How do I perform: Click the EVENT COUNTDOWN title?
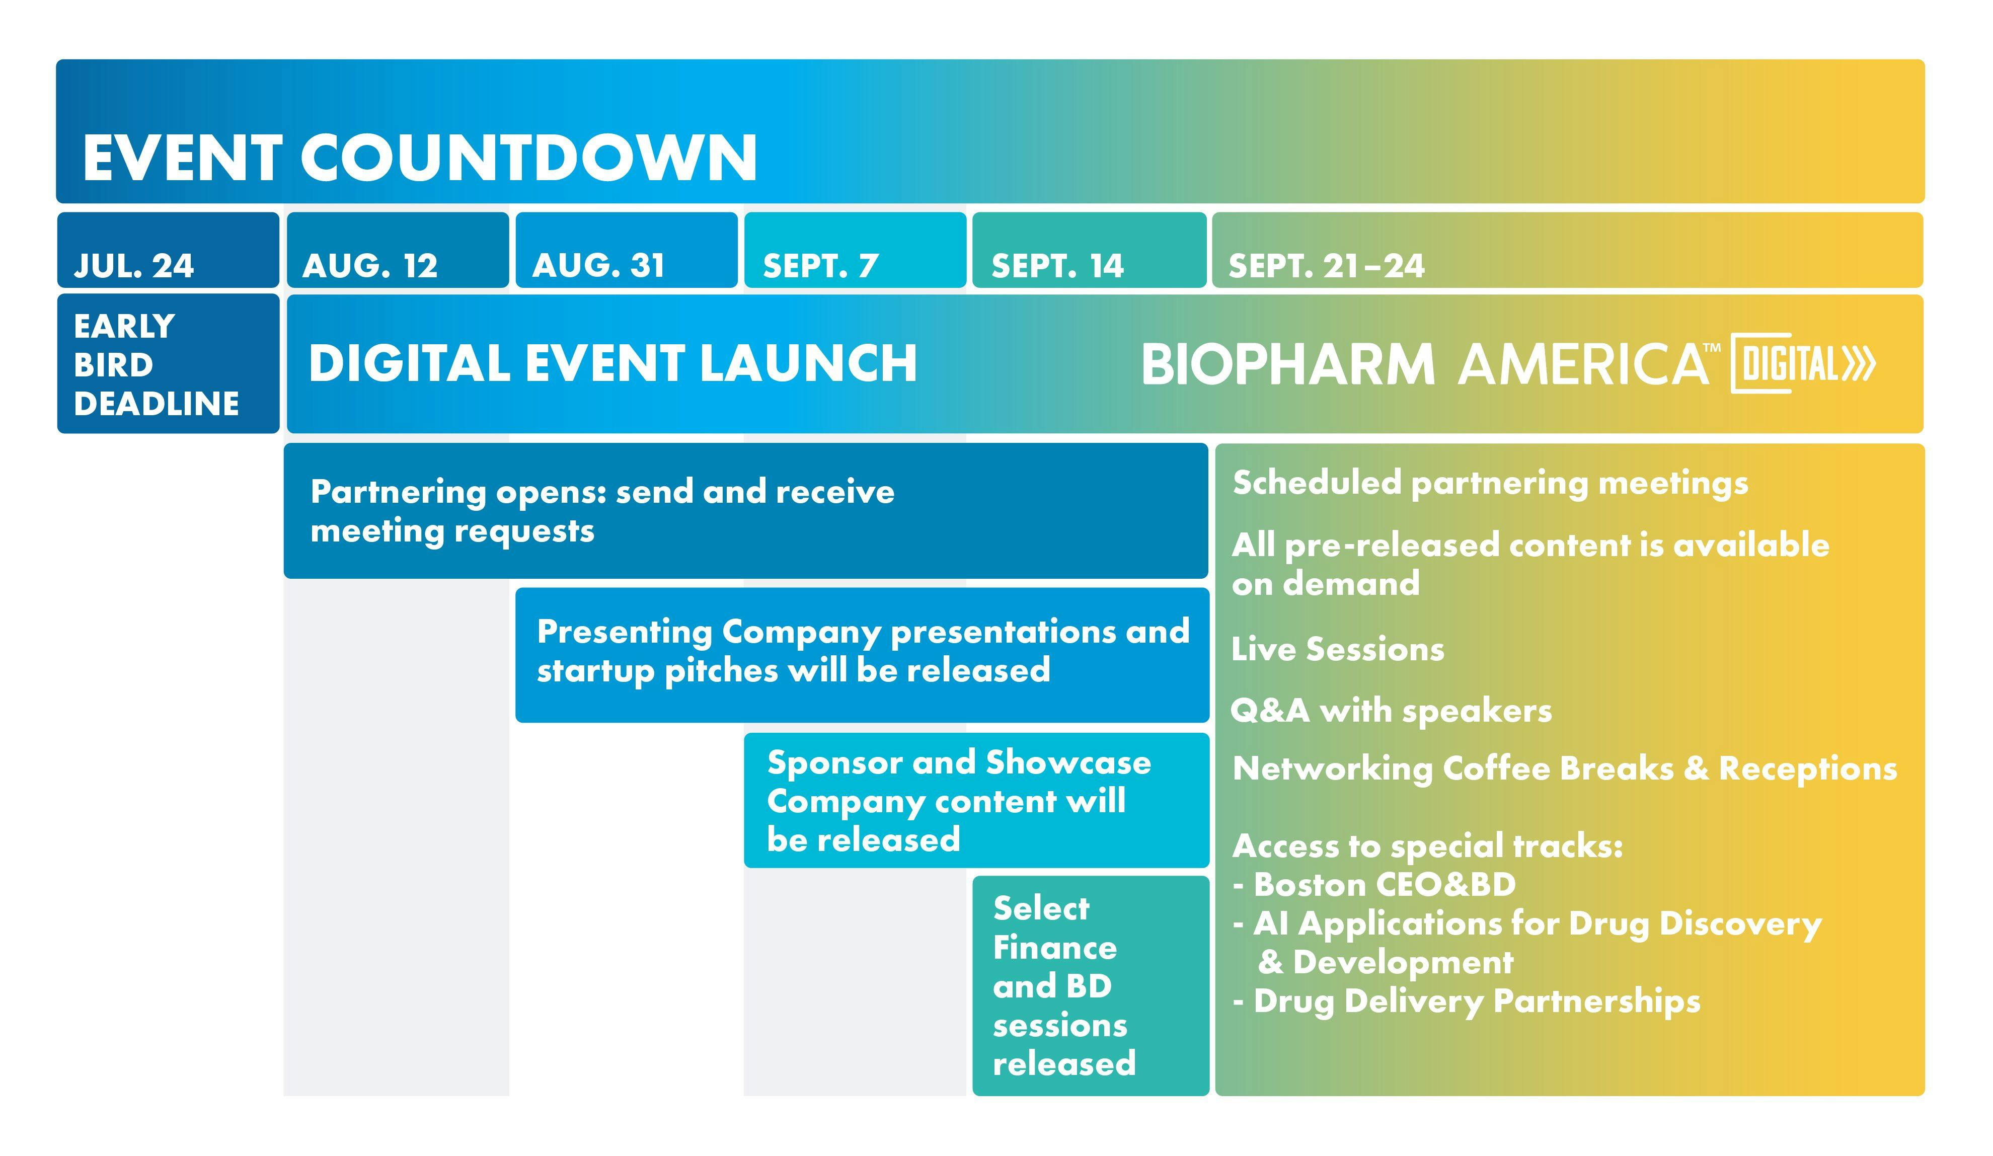tap(420, 158)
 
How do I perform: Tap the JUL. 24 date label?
tap(134, 266)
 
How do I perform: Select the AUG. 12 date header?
tap(370, 266)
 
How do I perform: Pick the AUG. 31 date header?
tap(599, 266)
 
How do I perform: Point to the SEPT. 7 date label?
tap(821, 266)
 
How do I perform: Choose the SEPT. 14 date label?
tap(1057, 266)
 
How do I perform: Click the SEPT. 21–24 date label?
tap(1326, 266)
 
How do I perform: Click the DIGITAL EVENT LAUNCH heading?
tap(613, 364)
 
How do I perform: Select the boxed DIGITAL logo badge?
tap(1803, 364)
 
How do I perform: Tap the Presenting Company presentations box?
tap(862, 655)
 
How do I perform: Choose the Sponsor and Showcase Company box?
tap(977, 800)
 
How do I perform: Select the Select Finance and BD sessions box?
tap(1091, 985)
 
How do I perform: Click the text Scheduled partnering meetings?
tap(1490, 483)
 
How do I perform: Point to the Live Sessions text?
tap(1337, 649)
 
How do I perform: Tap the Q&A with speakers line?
tap(1391, 711)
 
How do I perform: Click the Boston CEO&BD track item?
tap(1374, 885)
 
